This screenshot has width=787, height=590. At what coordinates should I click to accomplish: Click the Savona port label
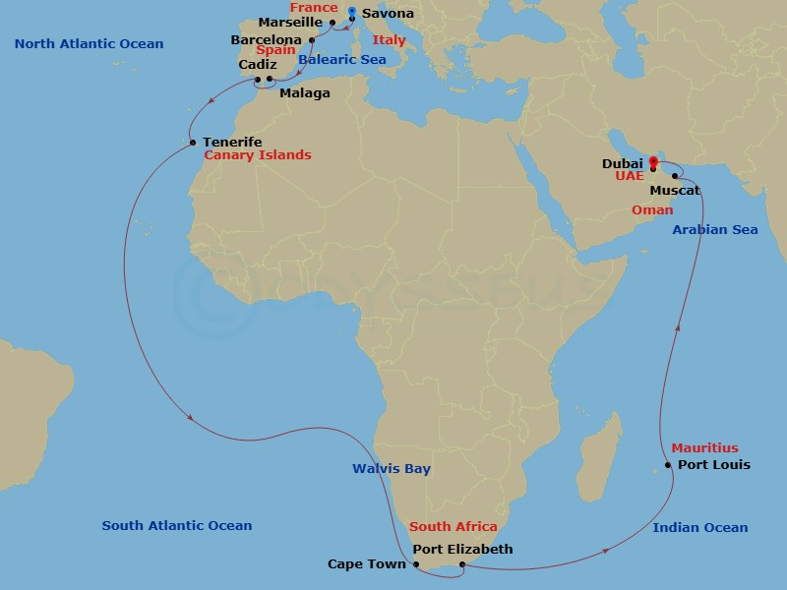388,14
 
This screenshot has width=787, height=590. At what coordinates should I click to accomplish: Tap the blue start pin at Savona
352,13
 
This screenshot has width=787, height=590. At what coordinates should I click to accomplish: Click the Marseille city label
291,22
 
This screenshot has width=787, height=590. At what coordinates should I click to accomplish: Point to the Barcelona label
266,40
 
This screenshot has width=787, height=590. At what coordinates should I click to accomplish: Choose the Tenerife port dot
193,143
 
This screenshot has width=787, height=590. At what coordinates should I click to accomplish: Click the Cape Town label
367,564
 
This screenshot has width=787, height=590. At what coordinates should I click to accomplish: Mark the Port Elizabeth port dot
462,564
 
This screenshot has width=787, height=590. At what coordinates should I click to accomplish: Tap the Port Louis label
714,465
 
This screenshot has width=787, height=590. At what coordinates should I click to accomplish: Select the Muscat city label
675,190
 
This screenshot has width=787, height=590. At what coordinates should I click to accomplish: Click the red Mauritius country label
704,448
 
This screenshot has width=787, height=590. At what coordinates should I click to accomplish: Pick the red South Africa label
454,527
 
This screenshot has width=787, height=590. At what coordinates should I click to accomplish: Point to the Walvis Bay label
392,469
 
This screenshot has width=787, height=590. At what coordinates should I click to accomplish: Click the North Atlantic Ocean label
90,44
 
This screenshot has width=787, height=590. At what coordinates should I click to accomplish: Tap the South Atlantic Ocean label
177,526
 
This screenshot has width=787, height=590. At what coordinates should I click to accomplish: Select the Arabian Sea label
715,230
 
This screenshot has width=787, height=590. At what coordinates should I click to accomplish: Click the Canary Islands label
258,155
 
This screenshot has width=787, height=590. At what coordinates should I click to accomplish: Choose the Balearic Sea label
341,60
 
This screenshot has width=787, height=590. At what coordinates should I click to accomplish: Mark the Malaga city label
305,93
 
